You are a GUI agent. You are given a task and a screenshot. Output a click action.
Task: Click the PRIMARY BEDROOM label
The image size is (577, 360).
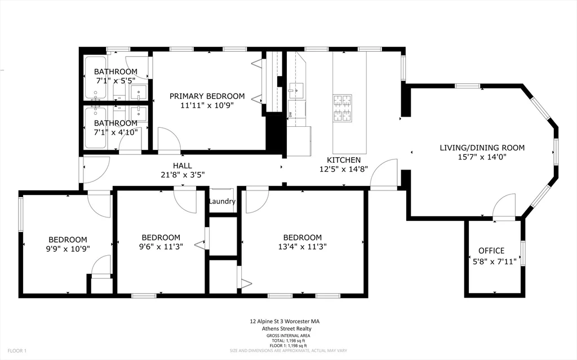(x=207, y=96)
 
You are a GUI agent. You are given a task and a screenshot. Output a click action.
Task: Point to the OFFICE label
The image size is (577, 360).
(x=491, y=251)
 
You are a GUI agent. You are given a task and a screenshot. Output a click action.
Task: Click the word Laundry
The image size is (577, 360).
(x=221, y=201)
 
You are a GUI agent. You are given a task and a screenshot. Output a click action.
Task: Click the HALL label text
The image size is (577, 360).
(x=183, y=166)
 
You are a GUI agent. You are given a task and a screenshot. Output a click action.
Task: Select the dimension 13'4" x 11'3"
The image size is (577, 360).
(x=303, y=246)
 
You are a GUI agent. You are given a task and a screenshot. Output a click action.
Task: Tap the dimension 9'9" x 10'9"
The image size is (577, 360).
(x=68, y=248)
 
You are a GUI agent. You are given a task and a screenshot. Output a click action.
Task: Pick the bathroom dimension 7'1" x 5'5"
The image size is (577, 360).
(x=116, y=81)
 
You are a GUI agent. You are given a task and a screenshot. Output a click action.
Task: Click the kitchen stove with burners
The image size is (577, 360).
(x=342, y=108)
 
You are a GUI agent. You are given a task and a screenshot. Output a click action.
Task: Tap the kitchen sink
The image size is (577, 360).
(x=295, y=90)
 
